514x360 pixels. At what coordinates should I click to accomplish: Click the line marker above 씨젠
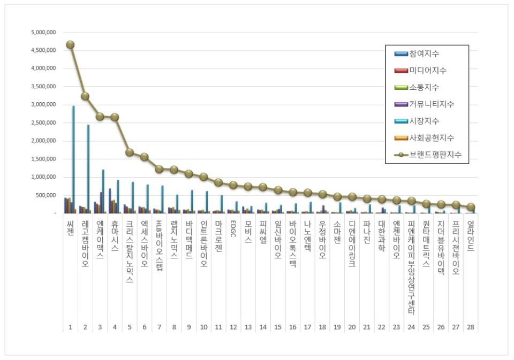tap(70, 45)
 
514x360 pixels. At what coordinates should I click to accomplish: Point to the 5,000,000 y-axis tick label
tap(44, 32)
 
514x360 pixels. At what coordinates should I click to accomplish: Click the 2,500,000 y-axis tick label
tap(44, 122)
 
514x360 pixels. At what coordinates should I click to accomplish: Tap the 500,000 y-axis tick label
tap(46, 195)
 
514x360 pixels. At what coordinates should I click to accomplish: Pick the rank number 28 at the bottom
tap(470, 326)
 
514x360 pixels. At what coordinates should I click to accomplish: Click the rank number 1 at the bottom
tap(70, 326)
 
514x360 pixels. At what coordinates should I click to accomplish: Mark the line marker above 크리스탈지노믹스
tap(129, 152)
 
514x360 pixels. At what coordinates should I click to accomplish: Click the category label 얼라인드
tap(470, 234)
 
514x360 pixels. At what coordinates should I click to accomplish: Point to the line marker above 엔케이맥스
tap(100, 116)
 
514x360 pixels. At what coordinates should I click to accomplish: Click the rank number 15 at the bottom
tap(277, 326)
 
